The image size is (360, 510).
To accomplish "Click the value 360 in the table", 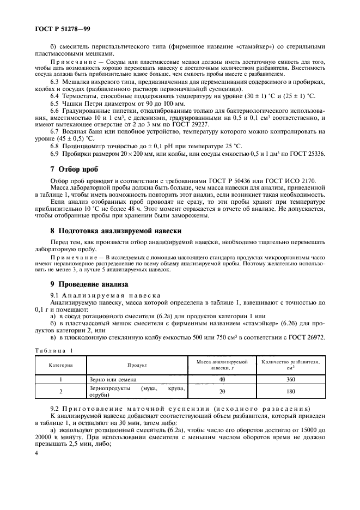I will [x=290, y=379].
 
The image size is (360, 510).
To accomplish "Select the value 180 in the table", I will [x=290, y=391].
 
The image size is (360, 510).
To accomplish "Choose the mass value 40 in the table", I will [x=222, y=379].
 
